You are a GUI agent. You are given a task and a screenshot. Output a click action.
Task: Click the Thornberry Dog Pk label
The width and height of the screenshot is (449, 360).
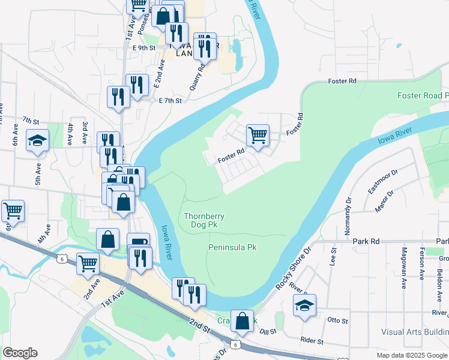[200, 220]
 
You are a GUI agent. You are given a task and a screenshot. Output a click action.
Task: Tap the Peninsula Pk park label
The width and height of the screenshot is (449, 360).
[232, 247]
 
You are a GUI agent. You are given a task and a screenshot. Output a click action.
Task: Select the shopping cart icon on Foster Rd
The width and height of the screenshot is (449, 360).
[258, 135]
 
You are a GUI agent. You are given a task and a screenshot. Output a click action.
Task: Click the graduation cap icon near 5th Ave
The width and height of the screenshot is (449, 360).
[38, 142]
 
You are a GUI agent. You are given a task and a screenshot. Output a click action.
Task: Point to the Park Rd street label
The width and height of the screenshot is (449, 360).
[367, 241]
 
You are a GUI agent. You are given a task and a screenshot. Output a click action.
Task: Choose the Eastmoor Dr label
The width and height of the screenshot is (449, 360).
[383, 181]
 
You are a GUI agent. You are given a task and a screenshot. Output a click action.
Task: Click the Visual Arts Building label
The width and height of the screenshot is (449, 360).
[414, 332]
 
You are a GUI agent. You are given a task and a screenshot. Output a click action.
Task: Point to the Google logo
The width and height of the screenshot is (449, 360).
[20, 353]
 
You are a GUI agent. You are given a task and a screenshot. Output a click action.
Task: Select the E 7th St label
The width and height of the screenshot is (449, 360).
[170, 101]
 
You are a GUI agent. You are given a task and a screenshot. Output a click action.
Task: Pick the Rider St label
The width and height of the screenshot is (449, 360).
[312, 341]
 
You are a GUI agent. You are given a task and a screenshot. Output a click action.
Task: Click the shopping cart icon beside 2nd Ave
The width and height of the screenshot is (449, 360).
[88, 263]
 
